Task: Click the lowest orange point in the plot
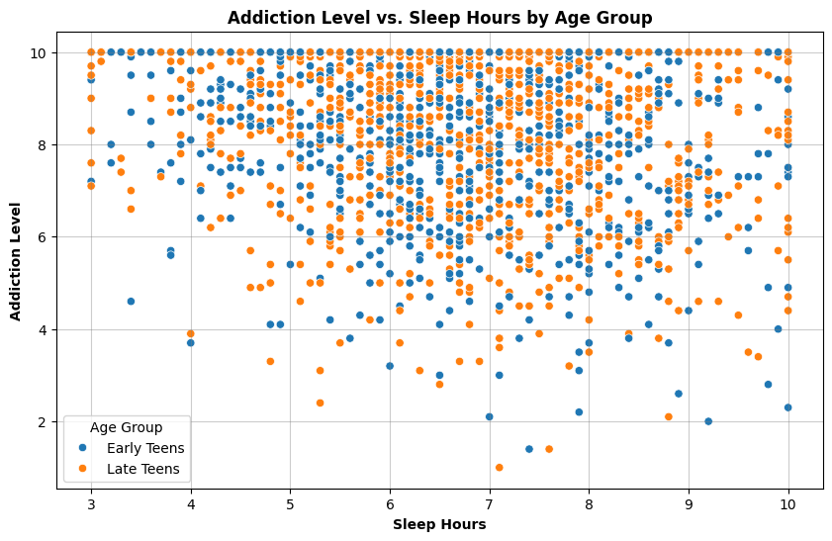500,467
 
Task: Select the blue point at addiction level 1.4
529,449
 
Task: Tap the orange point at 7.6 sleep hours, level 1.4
549,449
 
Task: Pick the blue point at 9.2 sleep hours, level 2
708,421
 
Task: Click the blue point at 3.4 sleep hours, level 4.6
131,302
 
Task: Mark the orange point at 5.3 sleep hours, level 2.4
320,403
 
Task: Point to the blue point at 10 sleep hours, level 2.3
787,407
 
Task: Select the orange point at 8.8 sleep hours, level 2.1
669,416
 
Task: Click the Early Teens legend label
145,448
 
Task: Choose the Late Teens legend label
143,469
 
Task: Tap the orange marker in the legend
82,469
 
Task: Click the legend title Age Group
127,427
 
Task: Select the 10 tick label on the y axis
40,53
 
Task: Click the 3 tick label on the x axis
91,503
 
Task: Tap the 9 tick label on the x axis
689,503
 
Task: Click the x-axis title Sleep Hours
439,524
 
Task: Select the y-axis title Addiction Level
16,261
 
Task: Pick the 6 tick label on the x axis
390,503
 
